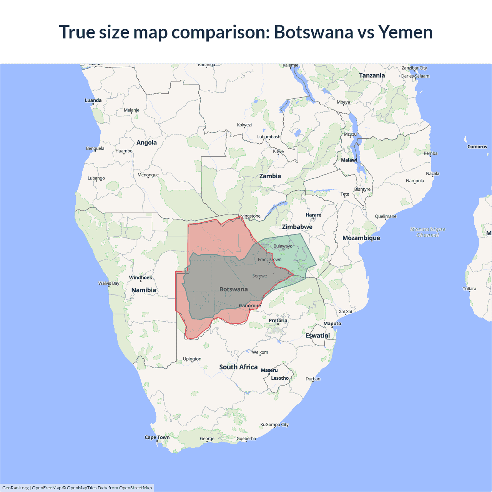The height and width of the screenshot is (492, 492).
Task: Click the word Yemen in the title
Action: pos(406,32)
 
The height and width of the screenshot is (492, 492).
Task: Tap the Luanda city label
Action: pos(93,100)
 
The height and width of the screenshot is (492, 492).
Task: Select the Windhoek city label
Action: pos(140,278)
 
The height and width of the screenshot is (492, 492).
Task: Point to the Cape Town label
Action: pos(157,437)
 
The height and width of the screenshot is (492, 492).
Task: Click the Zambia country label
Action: pos(270,176)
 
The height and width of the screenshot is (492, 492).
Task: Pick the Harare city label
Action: pos(313,215)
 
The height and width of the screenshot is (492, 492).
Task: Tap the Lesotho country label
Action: pos(279,378)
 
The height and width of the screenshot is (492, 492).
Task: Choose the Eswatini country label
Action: pos(317,336)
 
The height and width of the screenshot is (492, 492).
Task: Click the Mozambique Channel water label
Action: pos(427,232)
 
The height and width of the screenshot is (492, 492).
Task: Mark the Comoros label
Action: pos(477,147)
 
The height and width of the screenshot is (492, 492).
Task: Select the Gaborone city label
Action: pos(250,306)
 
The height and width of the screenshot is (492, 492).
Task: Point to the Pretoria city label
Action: pos(278,321)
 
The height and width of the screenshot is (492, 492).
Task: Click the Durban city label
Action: pos(313,379)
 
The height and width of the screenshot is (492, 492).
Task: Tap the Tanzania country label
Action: pos(372,75)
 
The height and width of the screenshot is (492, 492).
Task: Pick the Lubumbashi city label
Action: pos(269,137)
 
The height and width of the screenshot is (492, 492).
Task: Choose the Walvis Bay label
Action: pos(108,283)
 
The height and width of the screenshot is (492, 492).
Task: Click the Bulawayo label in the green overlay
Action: pos(283,246)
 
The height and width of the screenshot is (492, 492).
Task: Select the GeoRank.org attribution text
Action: pos(15,488)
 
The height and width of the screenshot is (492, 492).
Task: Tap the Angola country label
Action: pos(146,143)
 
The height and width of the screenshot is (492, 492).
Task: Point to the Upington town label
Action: pos(192,359)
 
